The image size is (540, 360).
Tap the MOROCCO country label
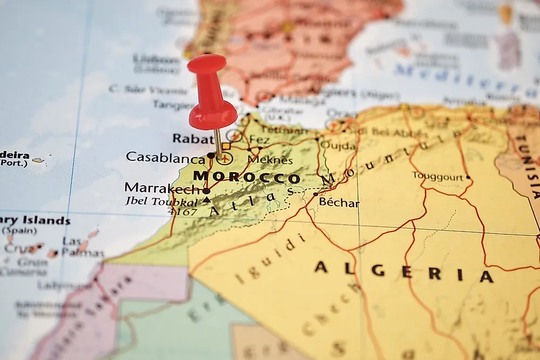click(246, 176)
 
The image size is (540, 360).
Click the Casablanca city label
click(165, 157)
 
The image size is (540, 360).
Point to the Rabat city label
click(193, 139)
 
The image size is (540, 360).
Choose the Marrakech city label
click(163, 188)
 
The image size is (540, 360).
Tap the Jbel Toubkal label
click(161, 201)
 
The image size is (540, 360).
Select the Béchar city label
click(339, 202)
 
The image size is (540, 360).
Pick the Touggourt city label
click(438, 176)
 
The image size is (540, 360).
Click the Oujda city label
click(339, 146)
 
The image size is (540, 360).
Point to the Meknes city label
click(270, 160)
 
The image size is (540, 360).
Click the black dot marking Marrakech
click(206, 191)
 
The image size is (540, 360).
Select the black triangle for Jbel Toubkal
click(206, 200)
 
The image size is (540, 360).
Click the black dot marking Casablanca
click(210, 155)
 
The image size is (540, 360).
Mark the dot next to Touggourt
click(468, 177)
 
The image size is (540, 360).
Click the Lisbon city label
click(156, 59)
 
